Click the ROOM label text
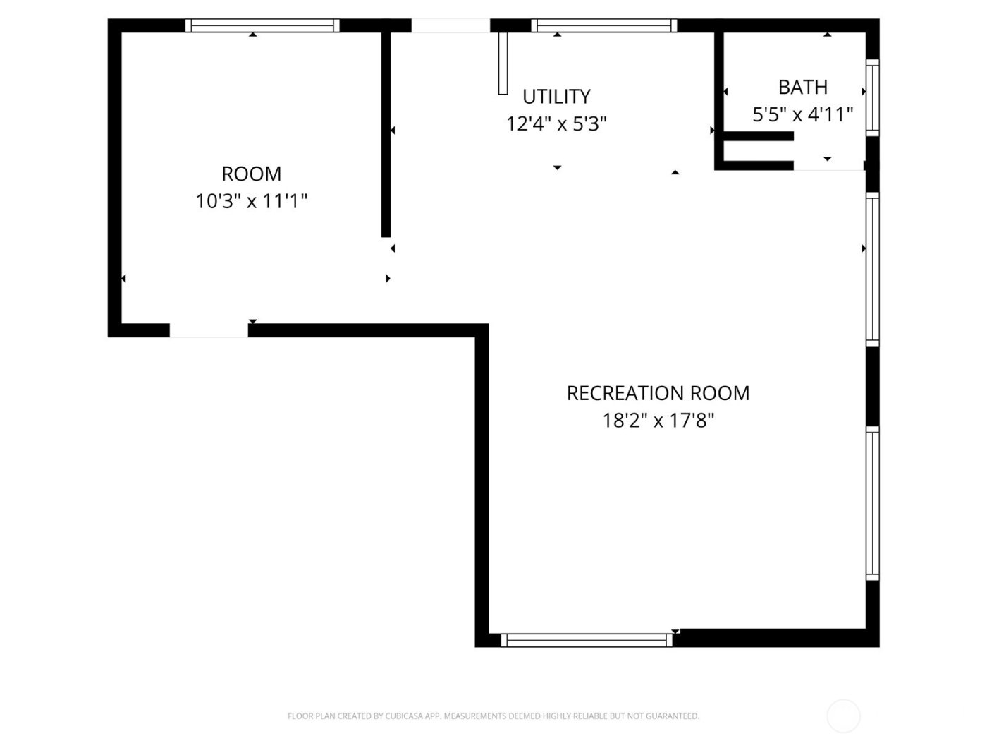[x=251, y=174]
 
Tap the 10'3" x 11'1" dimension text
[x=251, y=202]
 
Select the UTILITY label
[x=556, y=97]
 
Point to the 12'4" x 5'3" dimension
[x=556, y=124]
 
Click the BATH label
[x=802, y=88]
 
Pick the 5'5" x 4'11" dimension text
[x=802, y=114]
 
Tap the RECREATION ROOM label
[x=658, y=393]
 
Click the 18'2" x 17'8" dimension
[x=658, y=421]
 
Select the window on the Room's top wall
[x=262, y=26]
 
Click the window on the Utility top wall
[x=604, y=26]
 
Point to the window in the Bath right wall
[x=872, y=97]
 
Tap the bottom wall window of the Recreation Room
[x=587, y=640]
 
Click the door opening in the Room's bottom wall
[x=209, y=330]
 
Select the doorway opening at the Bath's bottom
[x=828, y=166]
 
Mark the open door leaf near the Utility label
[x=503, y=63]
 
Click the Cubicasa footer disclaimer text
[x=493, y=716]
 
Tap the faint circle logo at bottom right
[x=843, y=716]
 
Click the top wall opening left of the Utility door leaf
[x=450, y=26]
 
